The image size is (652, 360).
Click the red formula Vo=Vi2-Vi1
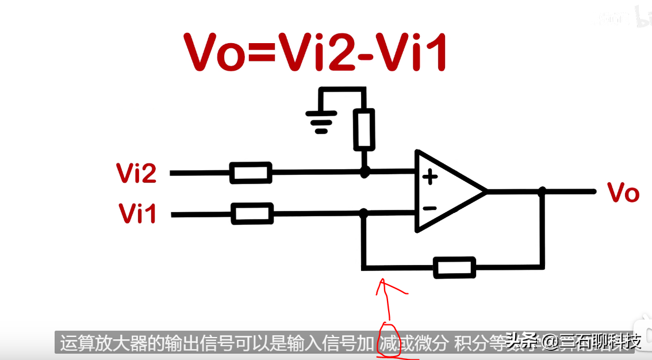tap(315, 52)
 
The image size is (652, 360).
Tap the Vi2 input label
tap(136, 173)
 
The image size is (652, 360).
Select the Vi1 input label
tap(137, 214)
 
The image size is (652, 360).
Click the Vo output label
tap(623, 193)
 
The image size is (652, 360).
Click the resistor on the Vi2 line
tap(251, 173)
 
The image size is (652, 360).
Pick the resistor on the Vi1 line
tap(252, 214)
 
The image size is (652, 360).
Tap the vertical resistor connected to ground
tap(364, 129)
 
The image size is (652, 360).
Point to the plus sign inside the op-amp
tap(429, 177)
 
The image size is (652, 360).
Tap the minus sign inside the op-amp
tap(429, 208)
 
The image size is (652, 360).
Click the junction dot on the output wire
tap(542, 191)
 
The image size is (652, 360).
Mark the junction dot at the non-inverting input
tap(364, 171)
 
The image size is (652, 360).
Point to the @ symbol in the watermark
tap(550, 343)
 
